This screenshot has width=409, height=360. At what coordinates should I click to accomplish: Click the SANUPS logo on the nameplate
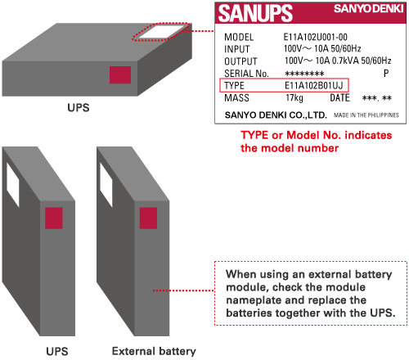(255, 13)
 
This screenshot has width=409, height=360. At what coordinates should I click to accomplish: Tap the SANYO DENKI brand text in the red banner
(369, 9)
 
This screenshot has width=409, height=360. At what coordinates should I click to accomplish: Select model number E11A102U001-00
(316, 37)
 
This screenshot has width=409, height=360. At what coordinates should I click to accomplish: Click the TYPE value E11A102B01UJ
(313, 86)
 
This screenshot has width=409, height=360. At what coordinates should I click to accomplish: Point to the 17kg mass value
(294, 98)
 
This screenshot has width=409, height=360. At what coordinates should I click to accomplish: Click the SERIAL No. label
(246, 74)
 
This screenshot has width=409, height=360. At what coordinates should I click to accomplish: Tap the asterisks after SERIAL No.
(304, 74)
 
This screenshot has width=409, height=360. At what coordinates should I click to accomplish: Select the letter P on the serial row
(386, 73)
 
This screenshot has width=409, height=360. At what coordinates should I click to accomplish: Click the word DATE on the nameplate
(339, 97)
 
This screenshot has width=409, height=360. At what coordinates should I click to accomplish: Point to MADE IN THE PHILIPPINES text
(366, 115)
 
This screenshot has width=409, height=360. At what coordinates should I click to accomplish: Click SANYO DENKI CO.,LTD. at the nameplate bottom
(276, 115)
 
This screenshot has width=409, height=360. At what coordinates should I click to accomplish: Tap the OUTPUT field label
(240, 61)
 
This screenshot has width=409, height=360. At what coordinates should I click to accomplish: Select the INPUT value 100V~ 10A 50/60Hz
(322, 48)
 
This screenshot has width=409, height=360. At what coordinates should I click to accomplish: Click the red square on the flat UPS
(120, 74)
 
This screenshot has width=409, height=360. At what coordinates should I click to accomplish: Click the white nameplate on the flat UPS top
(161, 32)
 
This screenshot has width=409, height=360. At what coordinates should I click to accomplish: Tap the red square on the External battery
(148, 218)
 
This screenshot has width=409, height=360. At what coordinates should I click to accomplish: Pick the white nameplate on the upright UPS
(13, 185)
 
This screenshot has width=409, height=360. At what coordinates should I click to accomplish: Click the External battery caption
(154, 351)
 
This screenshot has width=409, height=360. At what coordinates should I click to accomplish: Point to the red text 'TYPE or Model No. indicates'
(317, 135)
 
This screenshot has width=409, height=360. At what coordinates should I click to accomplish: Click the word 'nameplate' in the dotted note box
(253, 300)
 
